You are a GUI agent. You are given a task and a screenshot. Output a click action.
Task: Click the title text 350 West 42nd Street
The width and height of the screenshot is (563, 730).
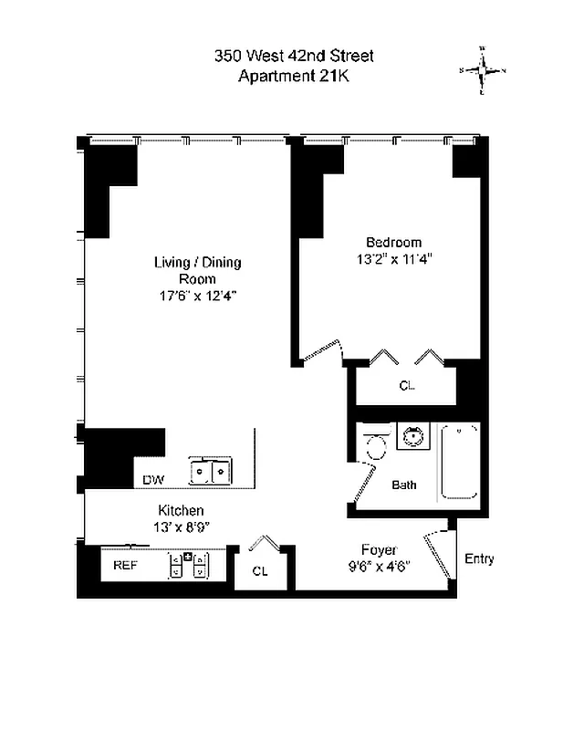point(294,57)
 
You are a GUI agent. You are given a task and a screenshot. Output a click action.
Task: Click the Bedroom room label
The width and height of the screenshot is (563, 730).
point(393,242)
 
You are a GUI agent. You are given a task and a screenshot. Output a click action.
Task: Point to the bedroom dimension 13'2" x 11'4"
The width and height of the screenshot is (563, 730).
point(393,258)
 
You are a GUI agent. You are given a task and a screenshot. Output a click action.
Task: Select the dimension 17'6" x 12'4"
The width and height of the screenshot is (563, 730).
point(197,296)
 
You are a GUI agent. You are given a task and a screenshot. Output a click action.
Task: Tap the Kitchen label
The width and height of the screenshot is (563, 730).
point(181,510)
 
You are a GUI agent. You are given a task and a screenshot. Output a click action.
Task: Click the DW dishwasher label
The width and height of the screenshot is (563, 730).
point(152,480)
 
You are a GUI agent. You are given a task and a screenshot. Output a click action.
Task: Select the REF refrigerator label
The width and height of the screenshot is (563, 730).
point(125,566)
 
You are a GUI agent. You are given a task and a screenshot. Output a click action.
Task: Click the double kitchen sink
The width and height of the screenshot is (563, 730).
point(210,471)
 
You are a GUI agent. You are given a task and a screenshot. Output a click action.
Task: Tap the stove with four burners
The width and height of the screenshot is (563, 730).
point(190,566)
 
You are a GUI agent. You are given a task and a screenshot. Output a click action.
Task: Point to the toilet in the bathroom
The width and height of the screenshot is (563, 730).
point(375,444)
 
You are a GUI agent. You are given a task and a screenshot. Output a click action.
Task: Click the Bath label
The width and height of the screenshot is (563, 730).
point(404,485)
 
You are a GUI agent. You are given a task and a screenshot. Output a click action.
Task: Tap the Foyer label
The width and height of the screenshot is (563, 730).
point(379,549)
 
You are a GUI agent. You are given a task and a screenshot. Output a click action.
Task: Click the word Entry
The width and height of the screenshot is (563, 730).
point(480,558)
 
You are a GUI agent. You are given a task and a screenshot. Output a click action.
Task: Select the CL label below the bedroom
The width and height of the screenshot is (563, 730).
point(407,386)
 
